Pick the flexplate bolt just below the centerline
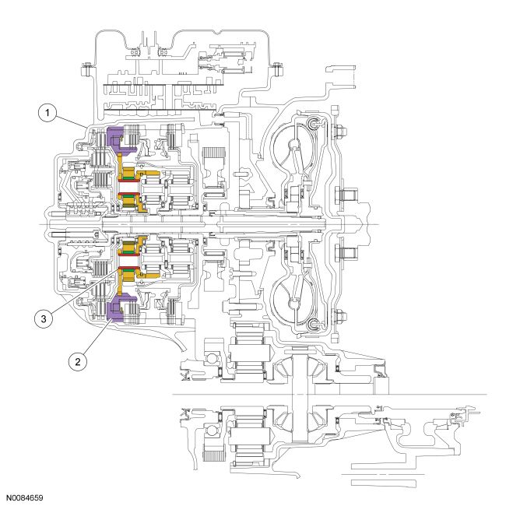pyautogui.click(x=339, y=254)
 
